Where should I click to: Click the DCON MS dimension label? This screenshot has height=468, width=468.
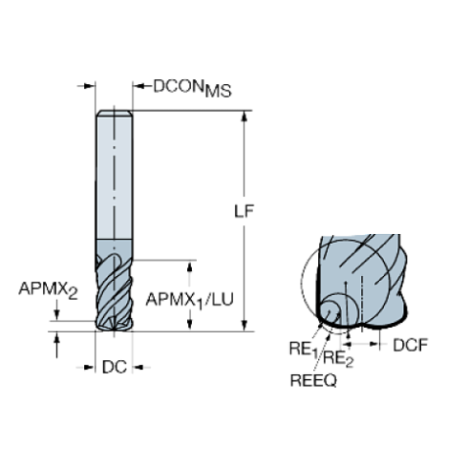tap(192, 88)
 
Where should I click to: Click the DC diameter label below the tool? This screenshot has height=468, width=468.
tap(115, 367)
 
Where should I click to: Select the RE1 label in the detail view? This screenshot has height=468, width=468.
tap(299, 350)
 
